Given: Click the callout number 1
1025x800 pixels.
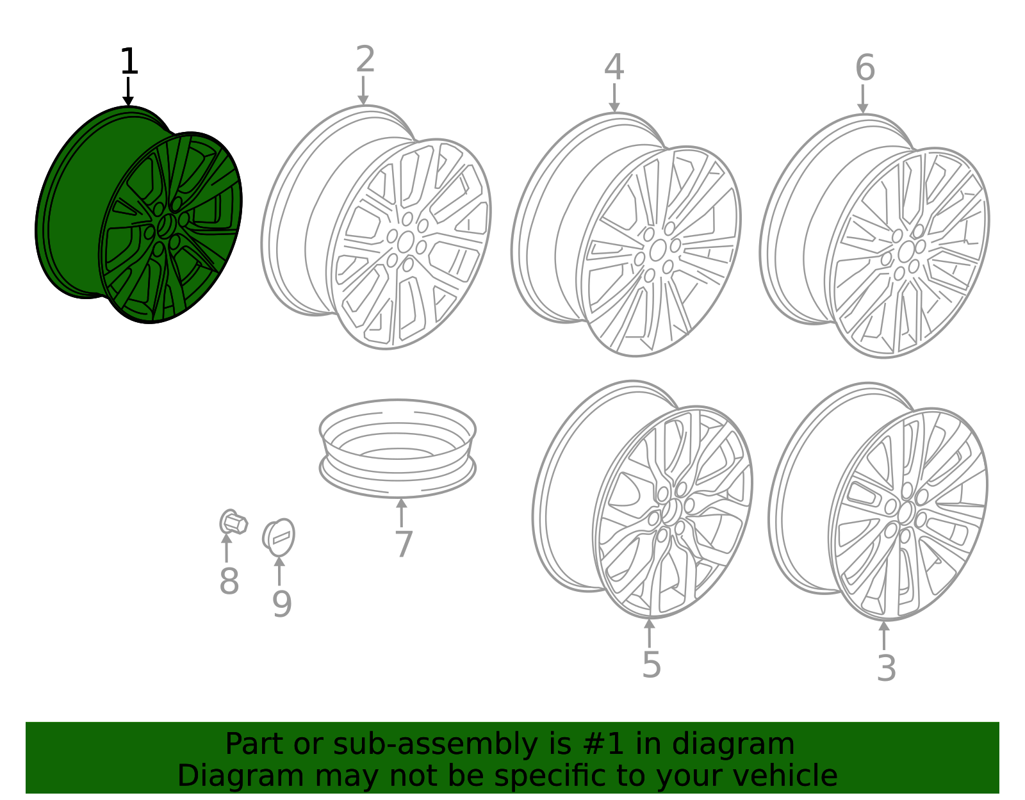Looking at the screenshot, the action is pyautogui.click(x=129, y=61).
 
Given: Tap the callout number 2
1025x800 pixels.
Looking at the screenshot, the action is pyautogui.click(x=365, y=59).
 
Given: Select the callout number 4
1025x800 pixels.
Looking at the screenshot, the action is pyautogui.click(x=614, y=67).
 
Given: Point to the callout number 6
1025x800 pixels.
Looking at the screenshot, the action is pyautogui.click(x=865, y=67).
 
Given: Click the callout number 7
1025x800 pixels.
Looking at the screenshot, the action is pyautogui.click(x=404, y=544).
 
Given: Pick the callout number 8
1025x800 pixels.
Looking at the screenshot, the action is pyautogui.click(x=229, y=581).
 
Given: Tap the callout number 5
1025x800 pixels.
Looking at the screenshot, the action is pyautogui.click(x=652, y=665).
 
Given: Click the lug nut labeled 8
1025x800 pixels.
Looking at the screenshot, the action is pyautogui.click(x=233, y=522).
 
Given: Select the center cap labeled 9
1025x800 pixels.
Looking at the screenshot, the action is pyautogui.click(x=279, y=537).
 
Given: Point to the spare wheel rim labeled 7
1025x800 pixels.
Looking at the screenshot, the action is pyautogui.click(x=398, y=448).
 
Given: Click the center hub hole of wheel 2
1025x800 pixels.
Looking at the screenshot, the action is pyautogui.click(x=405, y=242).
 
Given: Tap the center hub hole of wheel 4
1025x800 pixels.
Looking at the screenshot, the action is pyautogui.click(x=657, y=250).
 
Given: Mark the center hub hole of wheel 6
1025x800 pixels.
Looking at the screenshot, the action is pyautogui.click(x=906, y=251).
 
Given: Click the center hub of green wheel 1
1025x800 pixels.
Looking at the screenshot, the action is pyautogui.click(x=166, y=225).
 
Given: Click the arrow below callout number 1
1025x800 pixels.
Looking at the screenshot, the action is pyautogui.click(x=128, y=92).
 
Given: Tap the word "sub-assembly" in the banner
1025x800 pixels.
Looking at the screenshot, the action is pyautogui.click(x=435, y=744).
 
